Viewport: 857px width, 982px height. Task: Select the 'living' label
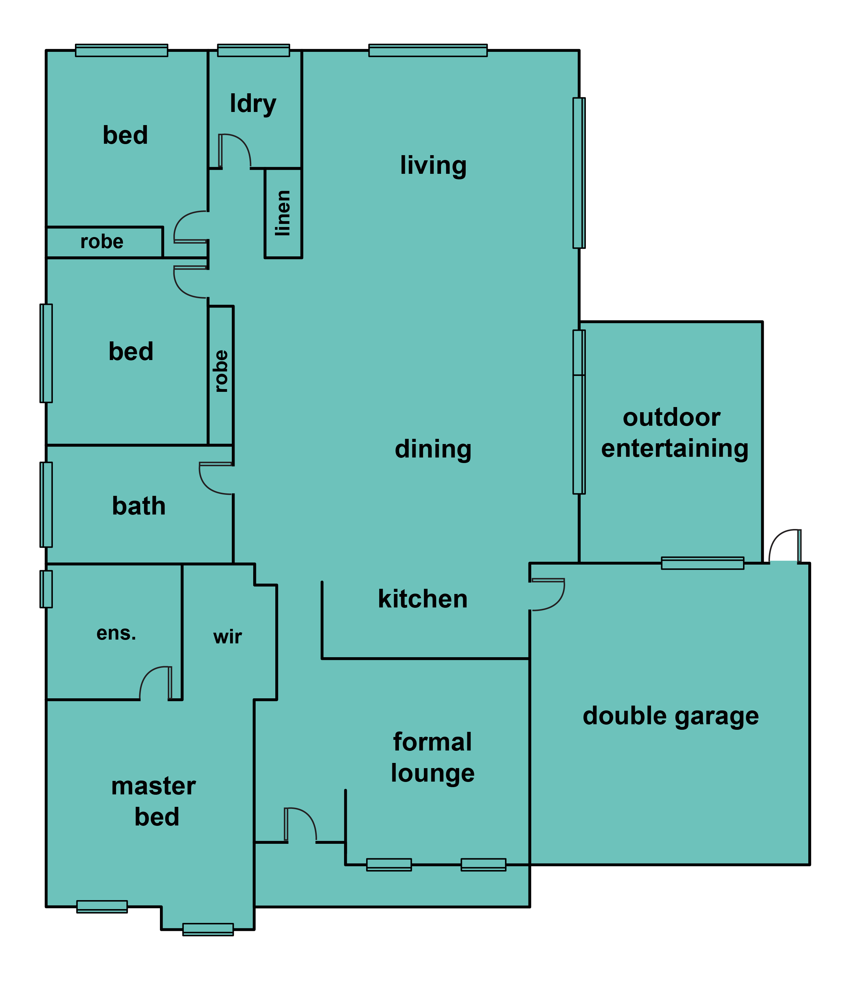pos(433,166)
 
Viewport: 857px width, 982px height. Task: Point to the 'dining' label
pos(433,449)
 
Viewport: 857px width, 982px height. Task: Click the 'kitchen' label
pos(423,599)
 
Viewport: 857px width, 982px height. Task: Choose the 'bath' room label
pos(139,506)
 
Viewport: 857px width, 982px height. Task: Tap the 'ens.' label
pos(116,633)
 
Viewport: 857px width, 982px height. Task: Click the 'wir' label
pos(228,637)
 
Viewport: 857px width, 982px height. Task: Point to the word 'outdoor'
pos(672,418)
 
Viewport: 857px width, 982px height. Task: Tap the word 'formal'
pos(432,742)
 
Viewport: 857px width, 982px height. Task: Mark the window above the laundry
pos(254,50)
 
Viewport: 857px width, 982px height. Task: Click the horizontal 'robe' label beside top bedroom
pos(102,242)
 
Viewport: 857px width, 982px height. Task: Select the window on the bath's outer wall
pos(46,504)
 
